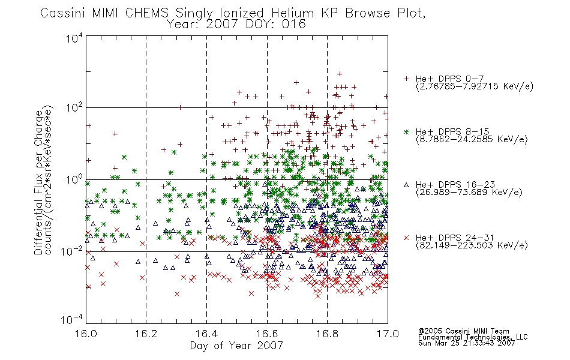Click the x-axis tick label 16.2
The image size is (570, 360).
[x=146, y=334]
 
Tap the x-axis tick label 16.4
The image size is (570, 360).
[x=206, y=334]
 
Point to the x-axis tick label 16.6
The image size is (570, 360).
[x=267, y=334]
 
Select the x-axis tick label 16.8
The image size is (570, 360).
[x=327, y=334]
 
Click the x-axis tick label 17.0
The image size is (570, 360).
[x=388, y=334]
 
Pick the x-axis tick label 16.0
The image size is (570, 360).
[x=86, y=334]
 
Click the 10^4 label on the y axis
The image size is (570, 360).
[x=74, y=38]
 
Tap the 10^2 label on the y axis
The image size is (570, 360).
[x=74, y=108]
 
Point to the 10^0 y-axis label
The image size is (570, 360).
[x=74, y=180]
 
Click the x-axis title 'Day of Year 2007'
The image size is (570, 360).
[x=236, y=346]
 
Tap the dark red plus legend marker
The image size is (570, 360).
[x=406, y=79]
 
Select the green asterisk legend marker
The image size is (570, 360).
[x=406, y=131]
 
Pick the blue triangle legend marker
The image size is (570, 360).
[x=406, y=185]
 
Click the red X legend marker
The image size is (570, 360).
[x=406, y=238]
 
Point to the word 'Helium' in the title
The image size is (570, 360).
[x=292, y=13]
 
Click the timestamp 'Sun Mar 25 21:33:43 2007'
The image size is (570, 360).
[x=466, y=343]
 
